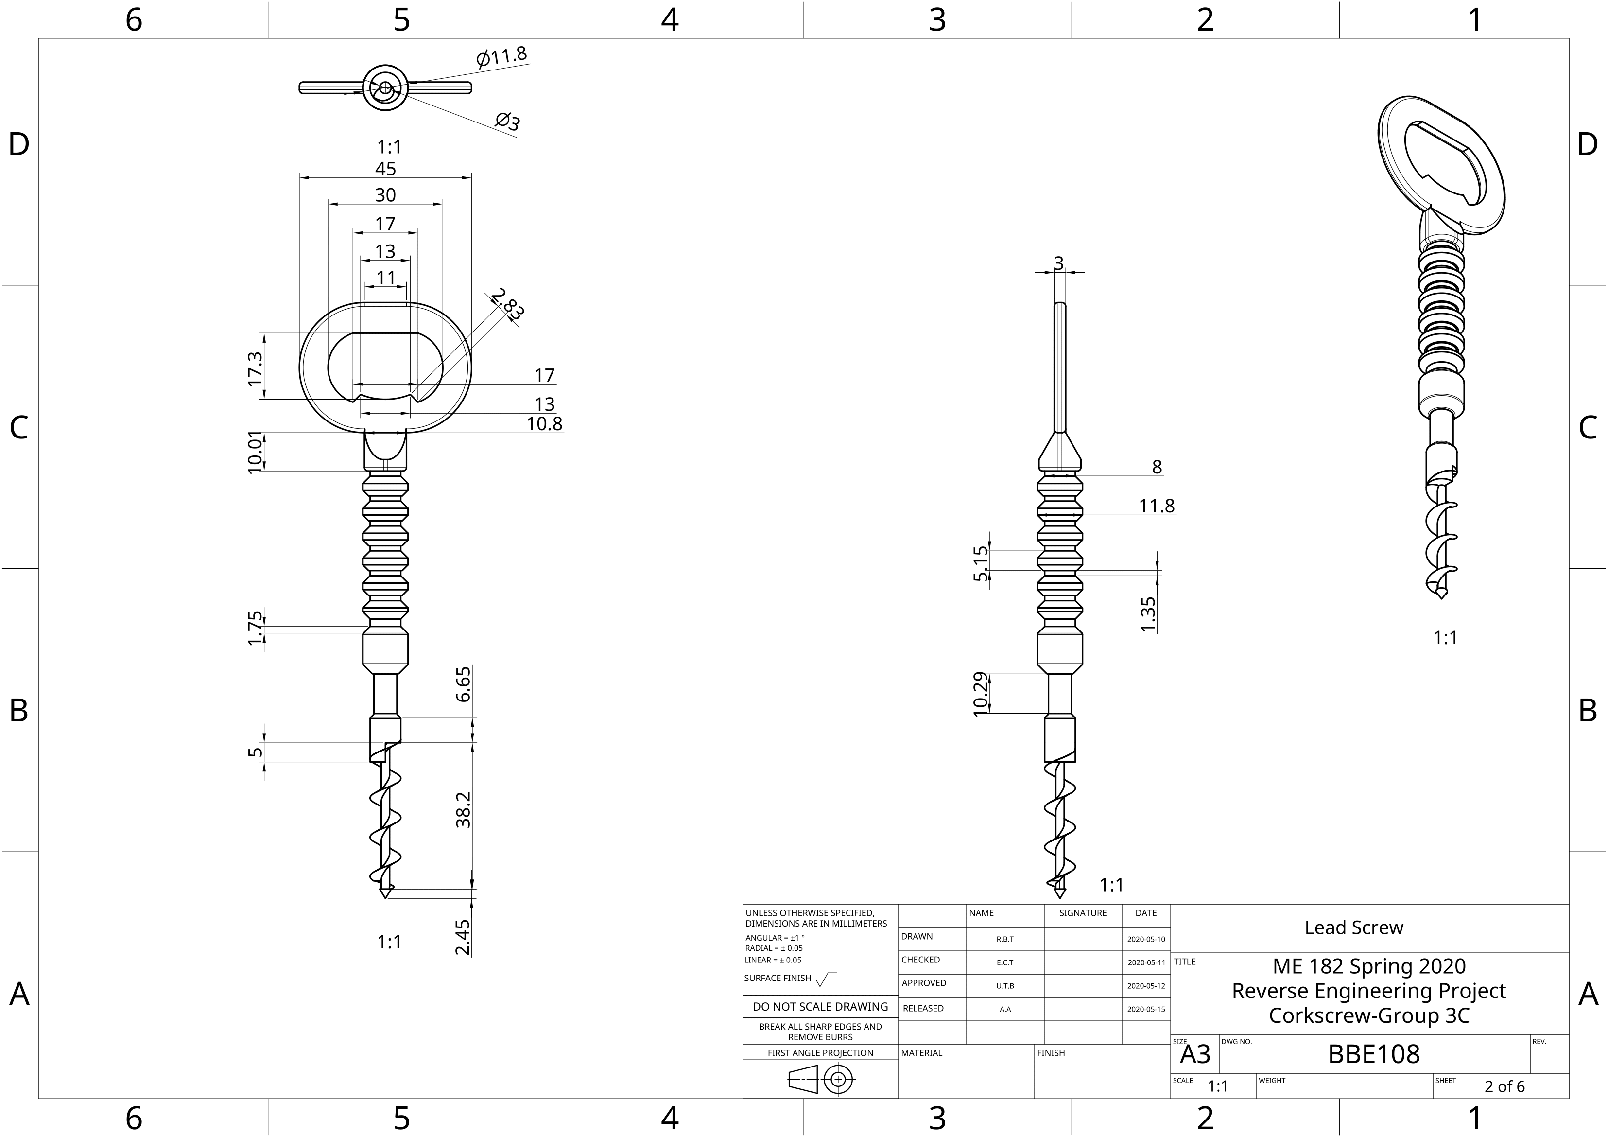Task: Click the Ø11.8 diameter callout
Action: pos(501,56)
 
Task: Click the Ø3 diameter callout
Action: pos(508,122)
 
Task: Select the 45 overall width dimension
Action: pos(385,169)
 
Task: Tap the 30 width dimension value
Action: pos(385,195)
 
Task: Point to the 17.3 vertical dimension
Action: pos(256,368)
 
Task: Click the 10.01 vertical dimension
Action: pos(256,452)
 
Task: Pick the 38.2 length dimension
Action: pos(463,810)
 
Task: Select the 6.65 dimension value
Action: pos(463,684)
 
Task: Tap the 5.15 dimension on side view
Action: pos(981,564)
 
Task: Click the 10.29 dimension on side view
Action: pos(981,694)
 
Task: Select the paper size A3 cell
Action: pos(1195,1054)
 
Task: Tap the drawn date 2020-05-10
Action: pos(1146,939)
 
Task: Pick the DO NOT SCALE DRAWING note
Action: pos(820,1007)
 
